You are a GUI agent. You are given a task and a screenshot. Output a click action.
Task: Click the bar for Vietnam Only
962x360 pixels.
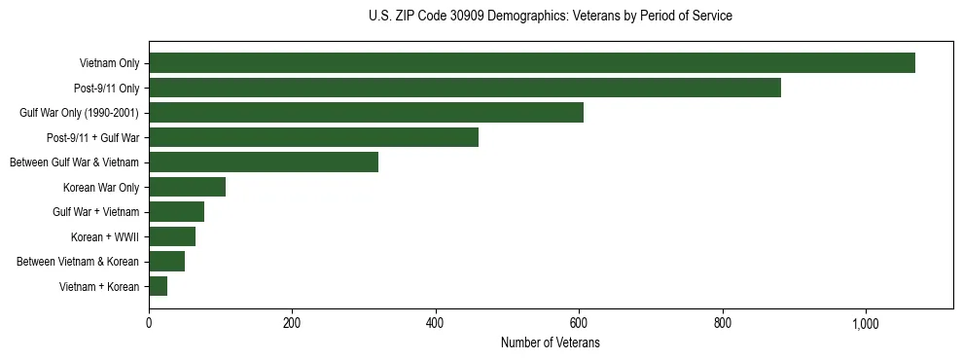[x=532, y=63]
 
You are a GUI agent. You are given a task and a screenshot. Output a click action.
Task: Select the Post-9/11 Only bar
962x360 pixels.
[x=465, y=88]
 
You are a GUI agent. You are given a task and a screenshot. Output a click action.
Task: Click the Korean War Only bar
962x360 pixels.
[x=187, y=187]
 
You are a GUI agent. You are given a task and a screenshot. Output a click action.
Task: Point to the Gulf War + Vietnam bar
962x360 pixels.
[x=176, y=212]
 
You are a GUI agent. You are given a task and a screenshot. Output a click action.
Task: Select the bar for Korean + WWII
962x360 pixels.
[x=172, y=236]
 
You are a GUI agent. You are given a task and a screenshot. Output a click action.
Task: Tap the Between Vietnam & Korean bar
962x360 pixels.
[x=166, y=261]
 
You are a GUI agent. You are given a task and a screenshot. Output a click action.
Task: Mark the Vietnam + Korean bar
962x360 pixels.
[x=158, y=286]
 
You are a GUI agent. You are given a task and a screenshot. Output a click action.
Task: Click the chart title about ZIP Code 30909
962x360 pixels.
[x=551, y=17]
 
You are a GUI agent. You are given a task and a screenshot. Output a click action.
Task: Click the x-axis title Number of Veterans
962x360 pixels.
[x=551, y=343]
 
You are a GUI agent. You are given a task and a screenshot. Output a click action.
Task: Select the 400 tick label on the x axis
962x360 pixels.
[x=436, y=323]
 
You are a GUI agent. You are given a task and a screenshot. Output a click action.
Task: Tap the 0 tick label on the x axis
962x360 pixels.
[x=149, y=323]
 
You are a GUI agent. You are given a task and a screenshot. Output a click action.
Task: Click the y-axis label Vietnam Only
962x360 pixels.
[x=109, y=64]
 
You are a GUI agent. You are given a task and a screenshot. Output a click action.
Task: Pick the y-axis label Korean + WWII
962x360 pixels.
[x=105, y=237]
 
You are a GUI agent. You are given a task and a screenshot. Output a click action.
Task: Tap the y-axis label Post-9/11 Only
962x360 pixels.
[x=106, y=89]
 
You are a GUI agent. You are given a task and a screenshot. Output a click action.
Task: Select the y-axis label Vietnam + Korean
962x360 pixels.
[x=99, y=287]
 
